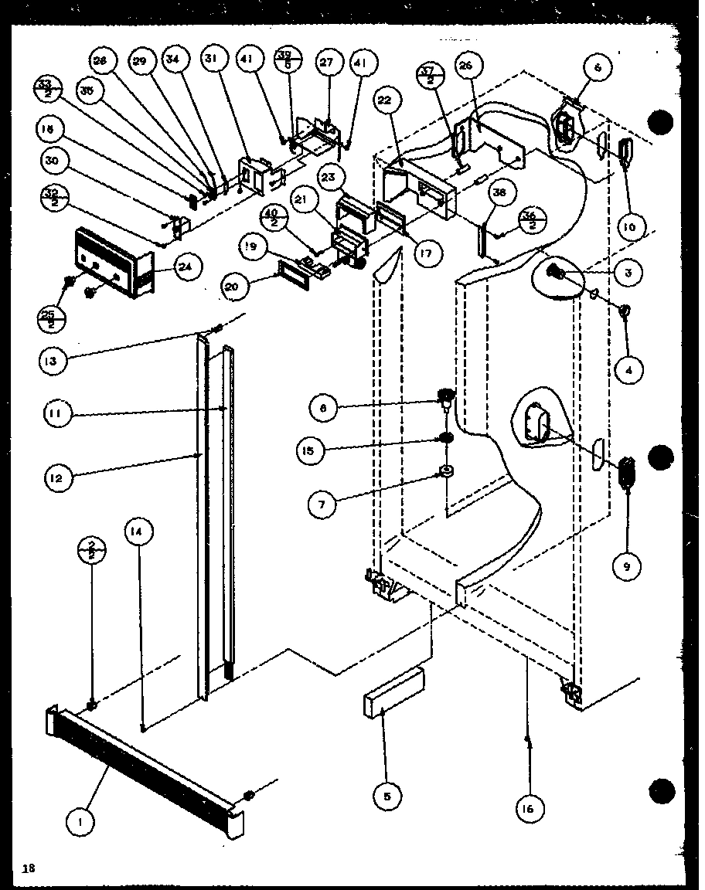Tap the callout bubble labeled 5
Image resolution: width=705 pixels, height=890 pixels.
point(387,797)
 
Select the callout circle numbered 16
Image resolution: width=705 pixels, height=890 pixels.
point(529,808)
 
